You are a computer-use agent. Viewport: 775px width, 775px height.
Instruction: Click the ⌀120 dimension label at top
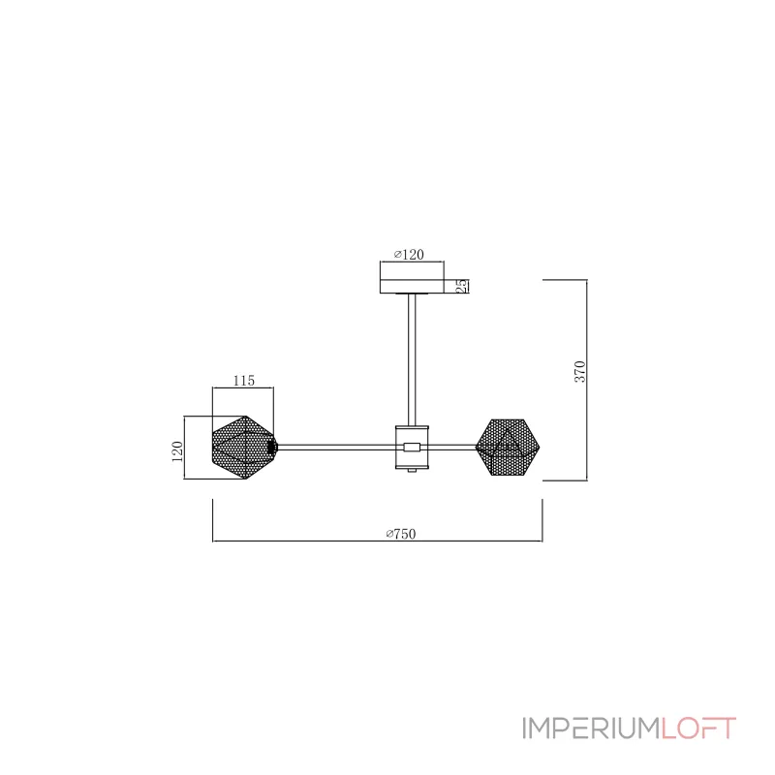pos(409,255)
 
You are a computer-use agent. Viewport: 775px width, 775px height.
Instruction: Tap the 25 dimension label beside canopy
pos(461,286)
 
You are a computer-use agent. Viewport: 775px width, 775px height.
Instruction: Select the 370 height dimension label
pos(579,372)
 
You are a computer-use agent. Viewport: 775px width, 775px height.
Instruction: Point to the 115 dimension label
pos(244,381)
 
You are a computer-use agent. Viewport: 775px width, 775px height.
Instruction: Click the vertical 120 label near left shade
pos(177,451)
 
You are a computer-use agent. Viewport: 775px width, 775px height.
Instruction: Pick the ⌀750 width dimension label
pos(401,534)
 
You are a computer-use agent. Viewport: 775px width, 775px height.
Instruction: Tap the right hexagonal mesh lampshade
pos(508,448)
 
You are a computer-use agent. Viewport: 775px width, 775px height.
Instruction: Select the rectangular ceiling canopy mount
pos(412,286)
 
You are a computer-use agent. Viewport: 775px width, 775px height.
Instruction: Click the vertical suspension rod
pos(412,359)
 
